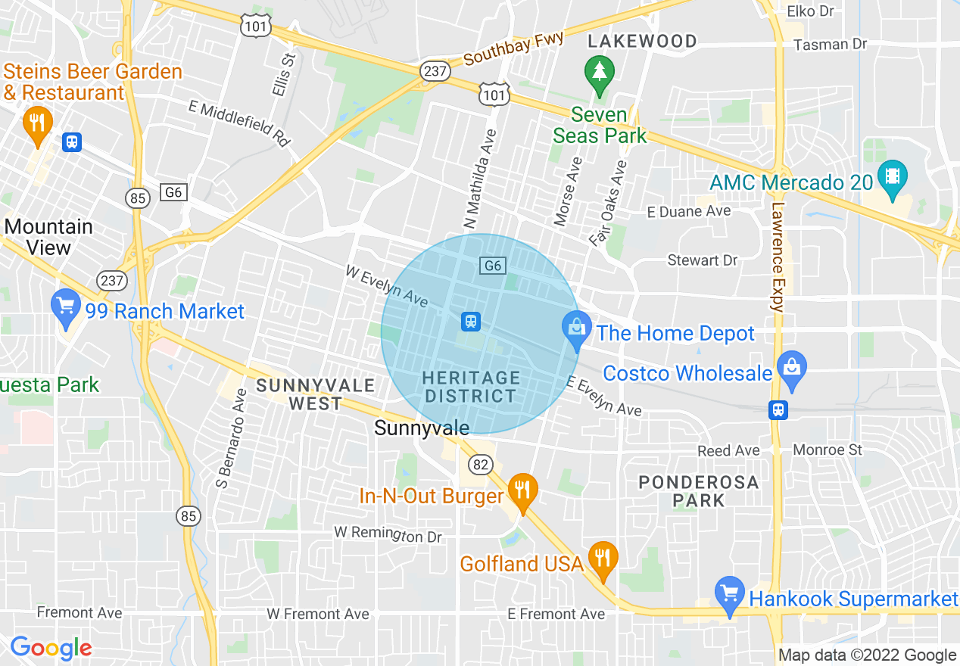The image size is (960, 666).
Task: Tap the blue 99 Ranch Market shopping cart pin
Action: pyautogui.click(x=66, y=307)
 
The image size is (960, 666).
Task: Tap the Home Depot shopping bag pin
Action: pyautogui.click(x=577, y=330)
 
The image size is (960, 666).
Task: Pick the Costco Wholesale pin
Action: pyautogui.click(x=792, y=369)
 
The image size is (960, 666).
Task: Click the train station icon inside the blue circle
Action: pyautogui.click(x=471, y=322)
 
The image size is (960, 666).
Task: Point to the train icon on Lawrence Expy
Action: pyautogui.click(x=778, y=409)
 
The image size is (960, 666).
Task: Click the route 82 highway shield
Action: pyautogui.click(x=480, y=464)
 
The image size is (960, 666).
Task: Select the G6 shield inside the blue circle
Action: pyautogui.click(x=492, y=265)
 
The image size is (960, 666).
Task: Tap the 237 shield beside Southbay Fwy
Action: pyautogui.click(x=435, y=71)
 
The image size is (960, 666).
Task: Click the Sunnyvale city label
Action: pyautogui.click(x=422, y=428)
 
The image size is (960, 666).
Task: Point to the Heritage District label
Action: pyautogui.click(x=471, y=386)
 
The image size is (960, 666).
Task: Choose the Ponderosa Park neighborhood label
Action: pyautogui.click(x=698, y=490)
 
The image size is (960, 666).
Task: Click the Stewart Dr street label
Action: pyautogui.click(x=702, y=260)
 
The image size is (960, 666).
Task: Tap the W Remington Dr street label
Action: pyautogui.click(x=388, y=534)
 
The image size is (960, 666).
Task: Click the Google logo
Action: pyautogui.click(x=51, y=648)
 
